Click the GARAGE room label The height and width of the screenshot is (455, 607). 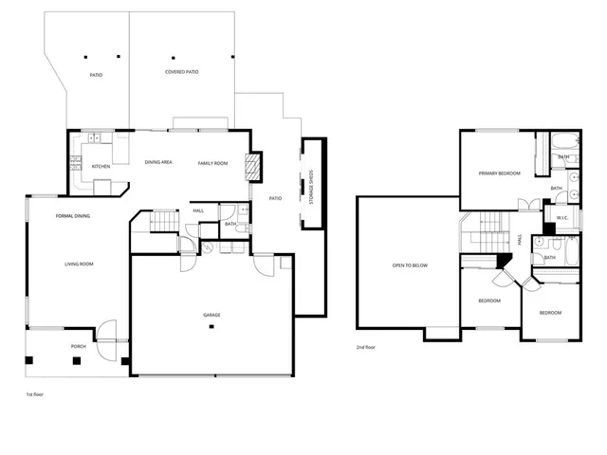click(212, 314)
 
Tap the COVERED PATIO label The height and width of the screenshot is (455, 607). click(181, 71)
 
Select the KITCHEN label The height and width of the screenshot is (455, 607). click(101, 166)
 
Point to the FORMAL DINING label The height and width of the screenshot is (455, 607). click(73, 216)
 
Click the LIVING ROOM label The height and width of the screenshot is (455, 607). click(79, 264)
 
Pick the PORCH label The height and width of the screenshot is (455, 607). click(79, 346)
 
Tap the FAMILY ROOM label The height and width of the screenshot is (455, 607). click(213, 163)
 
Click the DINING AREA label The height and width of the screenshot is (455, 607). click(158, 163)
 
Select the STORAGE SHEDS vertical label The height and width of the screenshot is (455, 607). click(313, 183)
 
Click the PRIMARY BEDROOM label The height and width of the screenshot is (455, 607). click(499, 173)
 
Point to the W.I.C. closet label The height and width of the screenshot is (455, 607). click(561, 217)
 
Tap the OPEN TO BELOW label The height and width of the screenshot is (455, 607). click(410, 265)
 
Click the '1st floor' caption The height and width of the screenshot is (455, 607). click(35, 391)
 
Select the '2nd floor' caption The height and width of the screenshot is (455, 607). click(366, 348)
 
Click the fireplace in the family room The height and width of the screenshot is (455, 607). click(251, 168)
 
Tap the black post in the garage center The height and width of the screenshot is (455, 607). click(212, 327)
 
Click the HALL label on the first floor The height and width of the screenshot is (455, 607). click(198, 210)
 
